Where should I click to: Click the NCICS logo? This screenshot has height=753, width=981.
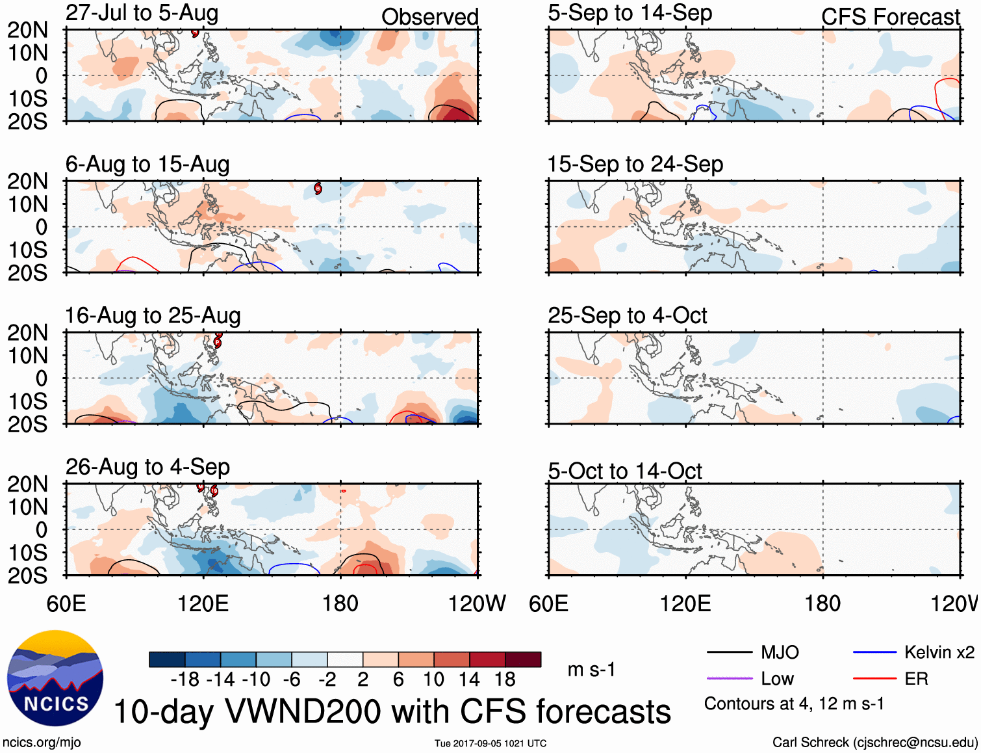pyautogui.click(x=55, y=678)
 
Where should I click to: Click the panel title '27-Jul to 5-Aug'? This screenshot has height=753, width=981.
pyautogui.click(x=142, y=13)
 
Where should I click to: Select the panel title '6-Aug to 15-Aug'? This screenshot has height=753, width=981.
pyautogui.click(x=147, y=165)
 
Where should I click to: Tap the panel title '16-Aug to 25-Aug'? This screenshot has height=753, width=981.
pyautogui.click(x=153, y=316)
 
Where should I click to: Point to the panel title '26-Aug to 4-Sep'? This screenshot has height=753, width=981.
pyautogui.click(x=147, y=468)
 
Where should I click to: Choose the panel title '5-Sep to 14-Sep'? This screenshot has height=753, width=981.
pyautogui.click(x=630, y=13)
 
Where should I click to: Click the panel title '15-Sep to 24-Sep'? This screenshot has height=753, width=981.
pyautogui.click(x=635, y=165)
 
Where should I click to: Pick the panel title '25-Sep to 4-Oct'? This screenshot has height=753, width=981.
pyautogui.click(x=627, y=316)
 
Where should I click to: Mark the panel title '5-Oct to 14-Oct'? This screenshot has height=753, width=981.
pyautogui.click(x=624, y=471)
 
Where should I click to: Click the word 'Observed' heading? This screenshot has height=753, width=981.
pyautogui.click(x=429, y=18)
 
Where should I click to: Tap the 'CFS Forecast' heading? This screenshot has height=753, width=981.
pyautogui.click(x=890, y=18)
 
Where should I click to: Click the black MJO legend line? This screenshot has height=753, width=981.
pyautogui.click(x=729, y=652)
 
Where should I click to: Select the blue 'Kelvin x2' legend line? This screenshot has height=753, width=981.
pyautogui.click(x=874, y=652)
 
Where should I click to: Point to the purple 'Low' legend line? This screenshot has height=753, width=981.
pyautogui.click(x=729, y=679)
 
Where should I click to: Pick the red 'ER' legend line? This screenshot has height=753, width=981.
pyautogui.click(x=874, y=679)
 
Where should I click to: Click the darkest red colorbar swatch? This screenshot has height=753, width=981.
pyautogui.click(x=523, y=659)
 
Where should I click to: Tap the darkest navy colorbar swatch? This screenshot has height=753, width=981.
pyautogui.click(x=167, y=659)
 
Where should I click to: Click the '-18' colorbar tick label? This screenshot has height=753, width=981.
pyautogui.click(x=185, y=680)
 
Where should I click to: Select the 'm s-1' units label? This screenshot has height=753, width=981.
pyautogui.click(x=591, y=670)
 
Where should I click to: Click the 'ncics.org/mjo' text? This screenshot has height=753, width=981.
pyautogui.click(x=42, y=743)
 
